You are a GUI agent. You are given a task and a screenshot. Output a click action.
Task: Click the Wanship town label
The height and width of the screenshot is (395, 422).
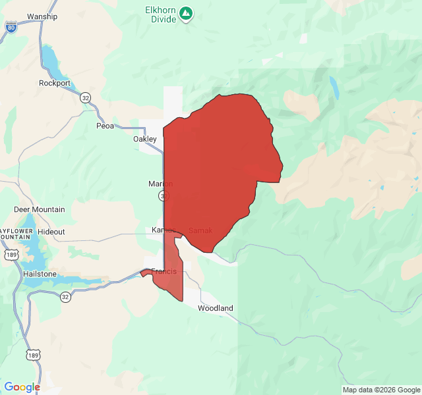[42, 16]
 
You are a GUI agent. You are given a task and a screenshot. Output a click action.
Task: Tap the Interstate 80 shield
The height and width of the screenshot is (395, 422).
[11, 27]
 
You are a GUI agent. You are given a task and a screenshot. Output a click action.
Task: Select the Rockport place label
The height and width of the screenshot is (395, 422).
[55, 83]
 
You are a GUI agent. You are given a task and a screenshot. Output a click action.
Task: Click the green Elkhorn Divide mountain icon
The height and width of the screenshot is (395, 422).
[187, 13]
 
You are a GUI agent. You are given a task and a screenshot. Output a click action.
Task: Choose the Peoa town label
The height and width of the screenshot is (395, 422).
[105, 126]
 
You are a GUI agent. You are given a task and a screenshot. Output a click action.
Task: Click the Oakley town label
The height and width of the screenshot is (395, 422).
[145, 139]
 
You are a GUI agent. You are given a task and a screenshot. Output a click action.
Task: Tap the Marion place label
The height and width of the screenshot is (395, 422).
[161, 184]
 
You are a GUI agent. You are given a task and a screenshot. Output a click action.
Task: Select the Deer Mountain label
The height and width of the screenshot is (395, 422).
[40, 209]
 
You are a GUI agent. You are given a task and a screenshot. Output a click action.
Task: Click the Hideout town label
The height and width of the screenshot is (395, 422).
[51, 232]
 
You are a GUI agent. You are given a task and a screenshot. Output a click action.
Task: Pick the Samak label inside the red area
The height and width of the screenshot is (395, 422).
[200, 230]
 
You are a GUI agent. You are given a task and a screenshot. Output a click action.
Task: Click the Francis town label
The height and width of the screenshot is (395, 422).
[164, 271]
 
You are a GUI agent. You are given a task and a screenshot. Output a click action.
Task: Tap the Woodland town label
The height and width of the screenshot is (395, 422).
[216, 308]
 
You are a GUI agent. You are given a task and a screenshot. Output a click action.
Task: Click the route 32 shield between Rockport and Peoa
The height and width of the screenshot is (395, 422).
[86, 97]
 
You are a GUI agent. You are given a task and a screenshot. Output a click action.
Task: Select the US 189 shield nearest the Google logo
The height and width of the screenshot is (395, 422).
[33, 355]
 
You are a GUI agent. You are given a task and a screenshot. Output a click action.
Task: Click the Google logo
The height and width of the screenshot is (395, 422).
[22, 387]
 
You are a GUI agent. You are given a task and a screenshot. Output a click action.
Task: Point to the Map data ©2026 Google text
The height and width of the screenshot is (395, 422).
[381, 390]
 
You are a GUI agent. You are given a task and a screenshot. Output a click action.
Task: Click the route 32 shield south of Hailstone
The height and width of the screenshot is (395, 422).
[65, 297]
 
